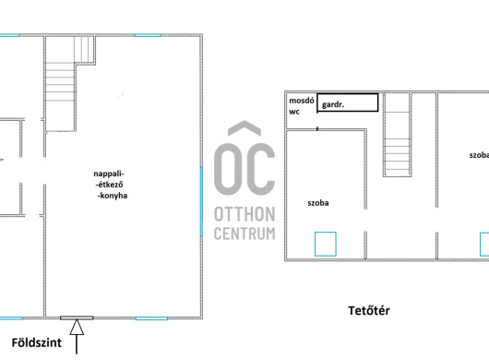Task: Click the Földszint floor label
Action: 37,342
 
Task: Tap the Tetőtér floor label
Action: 369,311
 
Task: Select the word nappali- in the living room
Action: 109,174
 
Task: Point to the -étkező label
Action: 109,185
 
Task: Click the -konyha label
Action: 113,196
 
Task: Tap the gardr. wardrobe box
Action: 348,102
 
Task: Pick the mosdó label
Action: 302,101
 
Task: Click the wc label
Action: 294,112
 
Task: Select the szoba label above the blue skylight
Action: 318,203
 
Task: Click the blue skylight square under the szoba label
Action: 326,244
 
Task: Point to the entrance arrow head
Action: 77,327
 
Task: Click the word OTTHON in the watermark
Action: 244,214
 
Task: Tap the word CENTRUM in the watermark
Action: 244,234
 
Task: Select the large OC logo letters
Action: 244,169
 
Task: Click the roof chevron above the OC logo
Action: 244,128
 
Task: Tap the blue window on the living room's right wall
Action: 201,201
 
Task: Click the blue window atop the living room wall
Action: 148,35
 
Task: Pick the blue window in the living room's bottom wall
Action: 151,318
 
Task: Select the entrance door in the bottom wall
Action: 77,318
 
